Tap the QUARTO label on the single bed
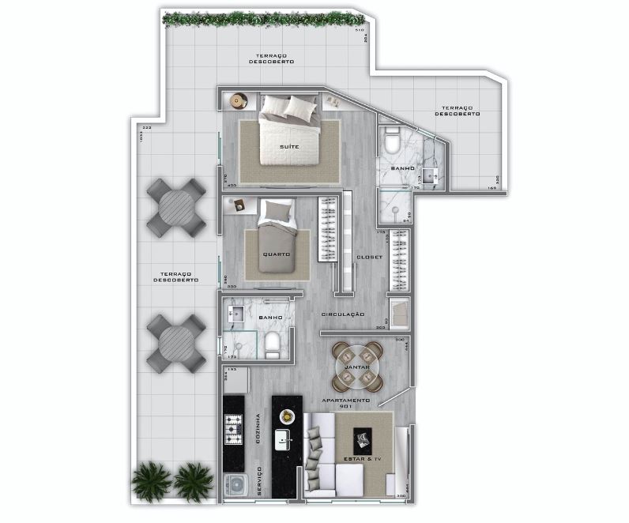(x=277, y=254)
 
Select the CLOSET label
(x=369, y=257)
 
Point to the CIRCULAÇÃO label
(x=343, y=314)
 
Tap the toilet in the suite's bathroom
(x=393, y=143)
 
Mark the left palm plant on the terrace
(x=149, y=479)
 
